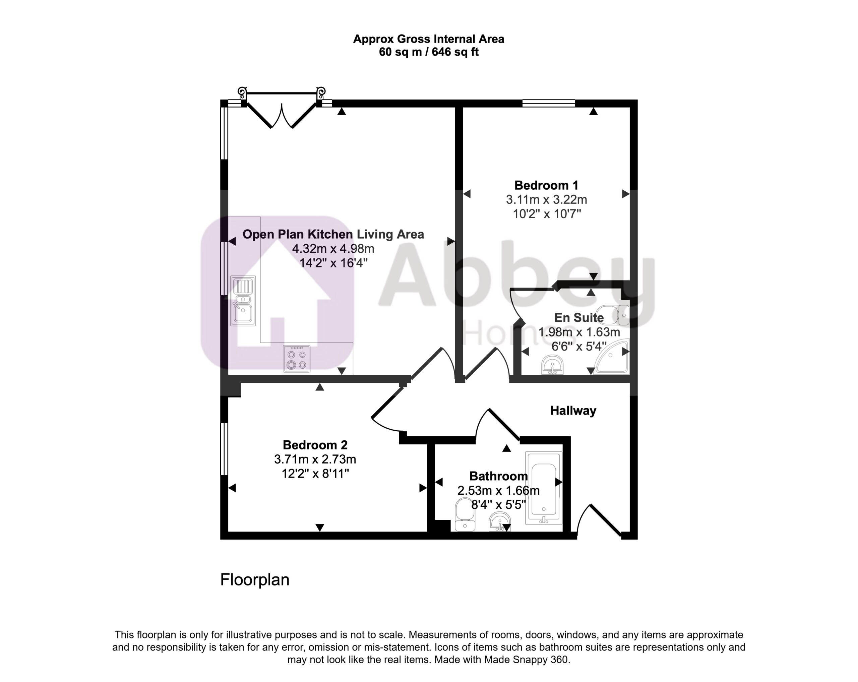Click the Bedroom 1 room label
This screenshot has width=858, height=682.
point(546,185)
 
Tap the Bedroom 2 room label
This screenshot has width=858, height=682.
point(315,445)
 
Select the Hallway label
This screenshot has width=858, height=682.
point(573,411)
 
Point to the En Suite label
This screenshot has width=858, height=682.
point(579,317)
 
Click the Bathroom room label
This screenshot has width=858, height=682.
point(498,476)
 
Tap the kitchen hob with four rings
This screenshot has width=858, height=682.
point(297,359)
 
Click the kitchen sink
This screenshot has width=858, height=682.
point(243,301)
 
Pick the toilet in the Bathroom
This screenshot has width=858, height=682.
point(465,514)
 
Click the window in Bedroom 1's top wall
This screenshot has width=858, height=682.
point(548,104)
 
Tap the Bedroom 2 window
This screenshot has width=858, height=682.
point(224,449)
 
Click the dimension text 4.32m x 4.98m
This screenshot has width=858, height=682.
point(333,249)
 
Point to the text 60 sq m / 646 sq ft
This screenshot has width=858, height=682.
point(429,52)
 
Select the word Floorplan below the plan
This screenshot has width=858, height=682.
point(255,580)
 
